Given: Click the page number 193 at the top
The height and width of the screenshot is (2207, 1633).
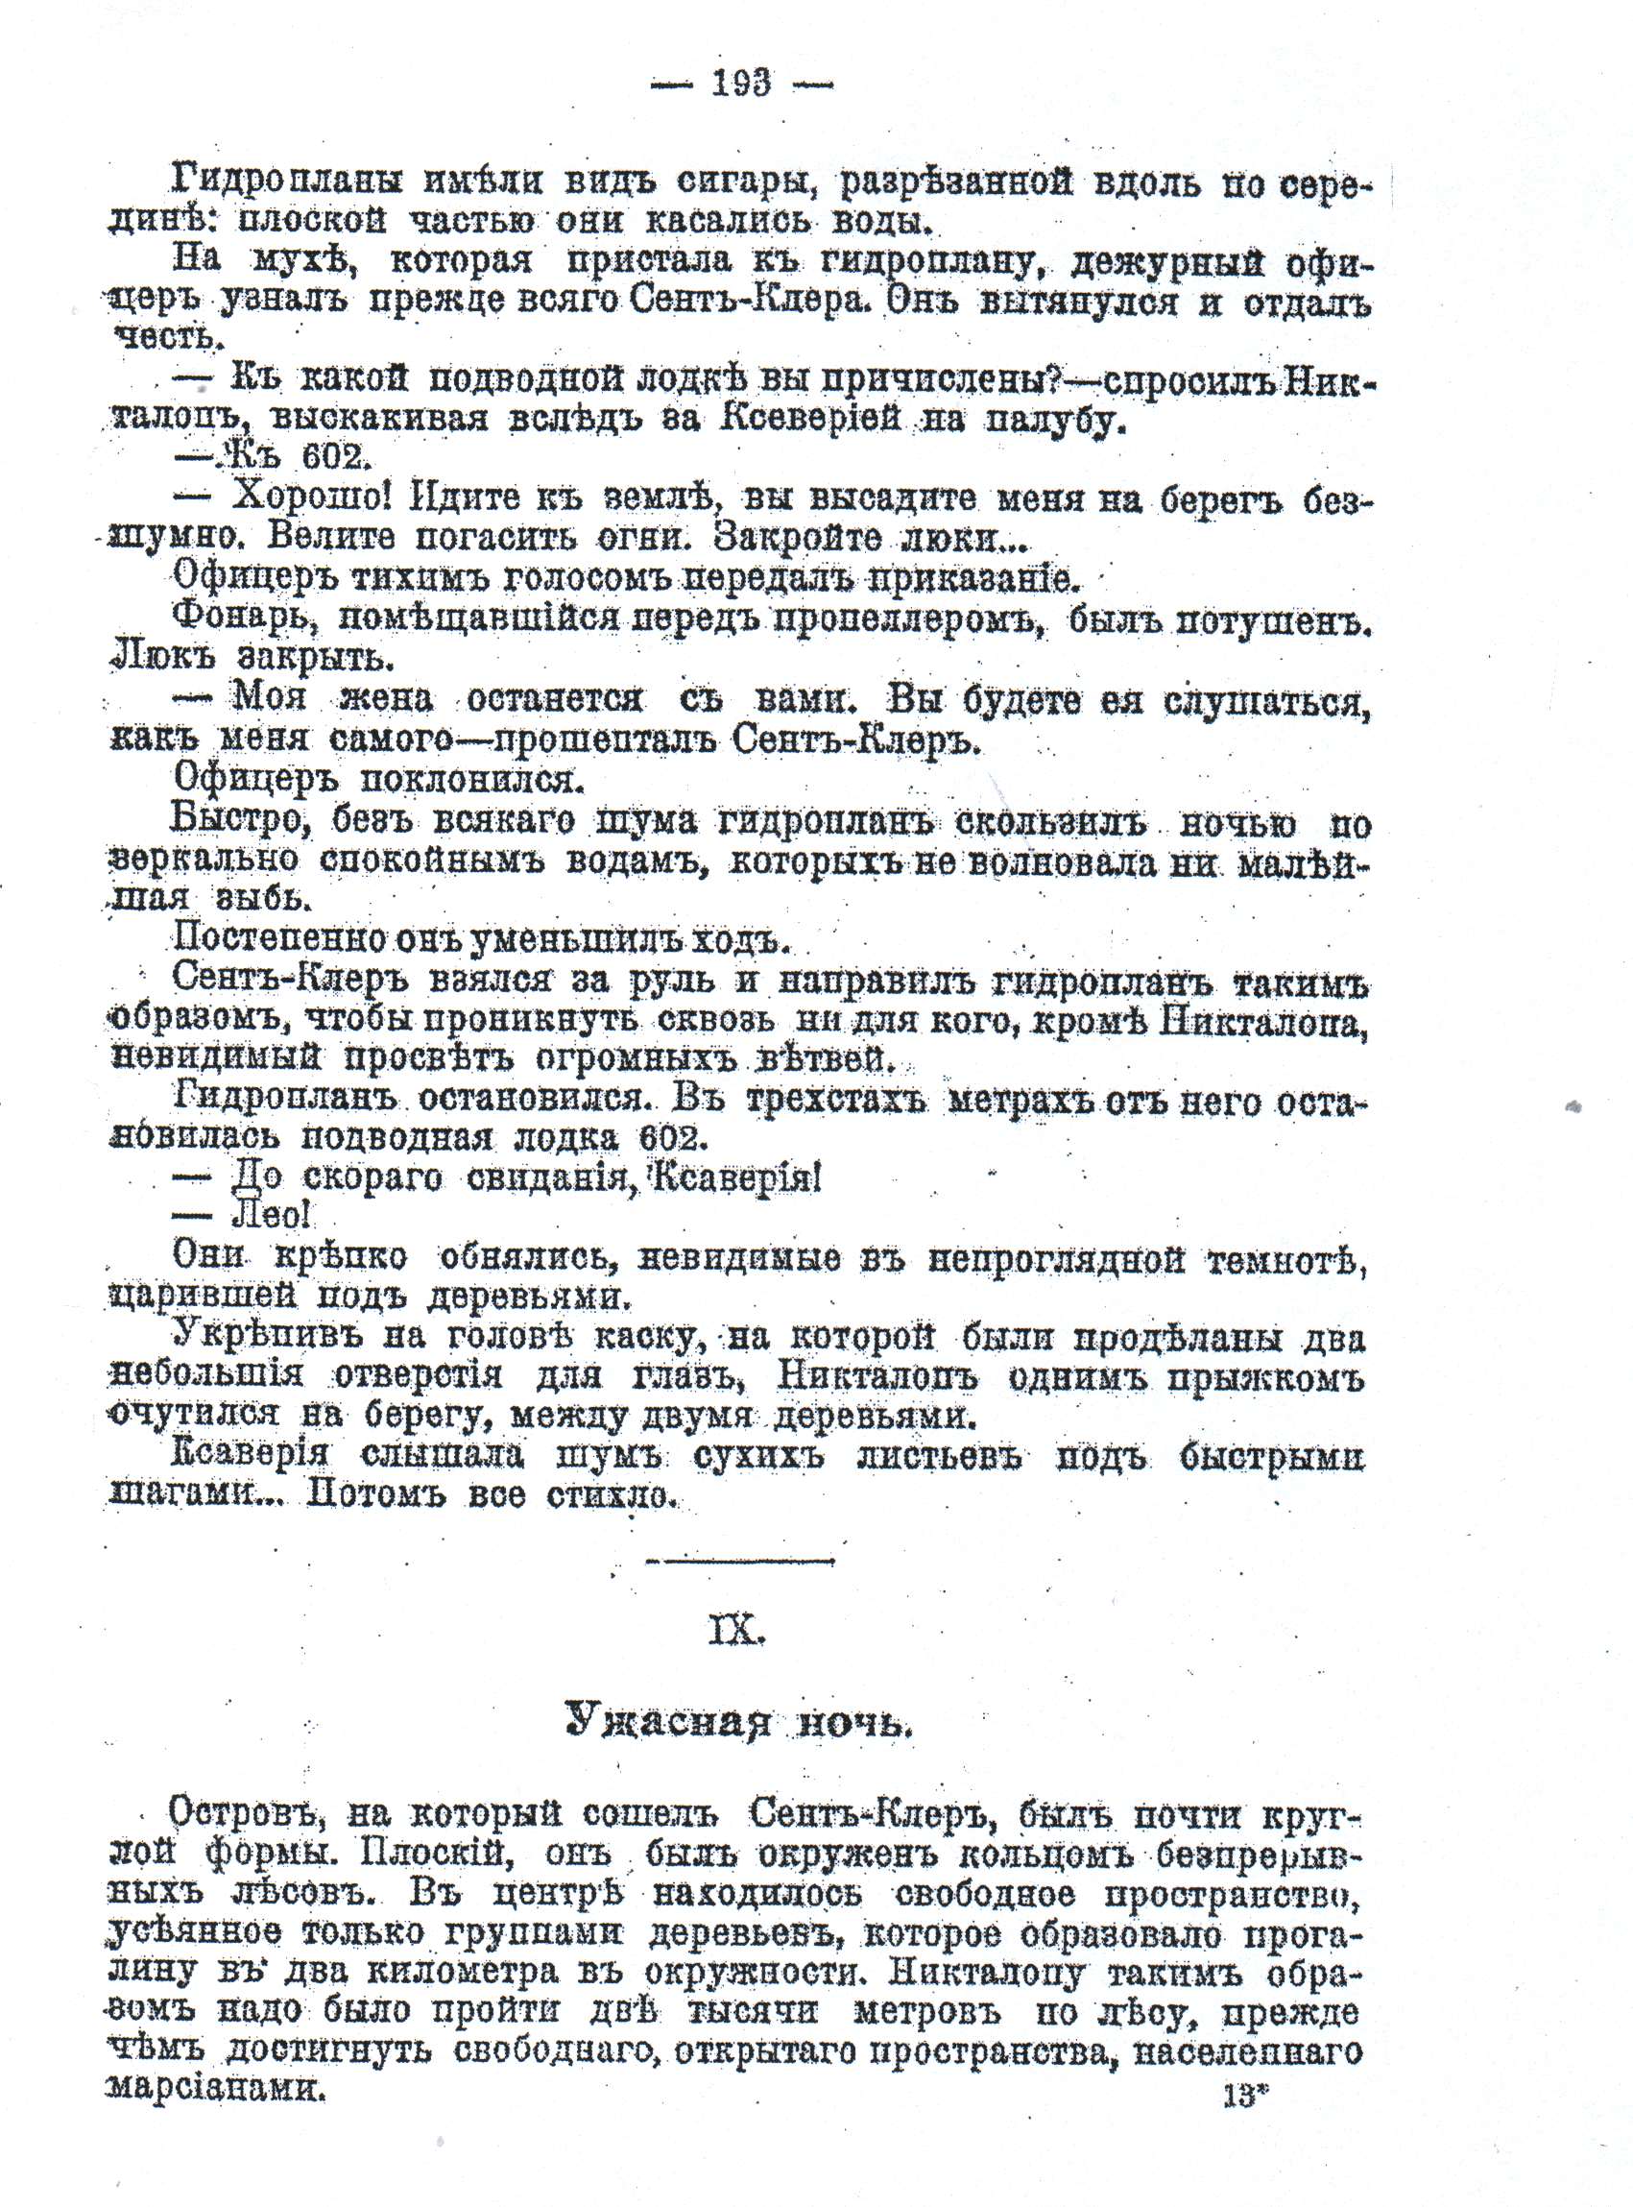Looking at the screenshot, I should click(740, 85).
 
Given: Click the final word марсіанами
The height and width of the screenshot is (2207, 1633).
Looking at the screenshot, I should click(215, 2087).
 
